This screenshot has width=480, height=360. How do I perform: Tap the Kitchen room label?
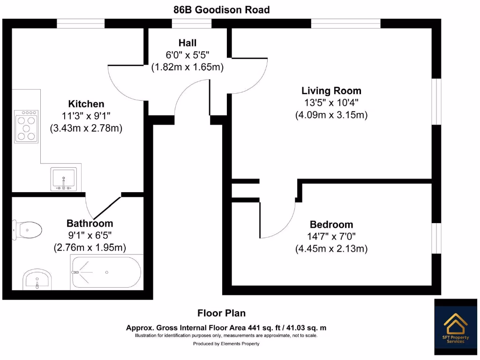pos(86,104)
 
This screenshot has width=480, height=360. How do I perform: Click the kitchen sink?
pos(63,179)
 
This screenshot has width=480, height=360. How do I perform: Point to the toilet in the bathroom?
pos(28,229)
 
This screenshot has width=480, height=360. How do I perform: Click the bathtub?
pos(105,272)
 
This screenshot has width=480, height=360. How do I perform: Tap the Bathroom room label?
pos(90,224)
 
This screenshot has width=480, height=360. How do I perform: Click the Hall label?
pos(187,43)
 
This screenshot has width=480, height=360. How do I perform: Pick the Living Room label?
pos(331,91)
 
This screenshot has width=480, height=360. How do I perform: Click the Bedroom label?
pos(331,225)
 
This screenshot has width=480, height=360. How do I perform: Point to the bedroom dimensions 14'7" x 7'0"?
pos(331,237)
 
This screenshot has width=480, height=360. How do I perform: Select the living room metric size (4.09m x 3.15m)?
pos(331,115)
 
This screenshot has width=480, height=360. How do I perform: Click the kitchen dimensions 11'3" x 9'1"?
pos(86,116)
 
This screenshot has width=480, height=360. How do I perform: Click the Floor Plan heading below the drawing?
pos(221,313)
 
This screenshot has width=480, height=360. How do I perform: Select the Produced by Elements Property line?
pos(226,344)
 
